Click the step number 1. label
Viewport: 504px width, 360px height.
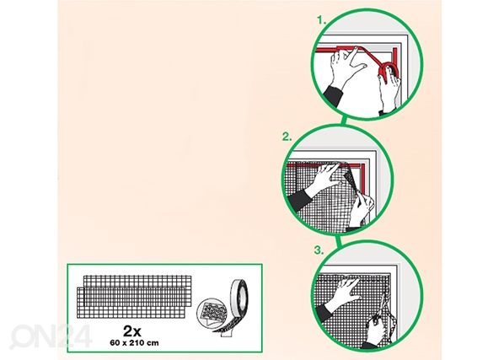point(322,20)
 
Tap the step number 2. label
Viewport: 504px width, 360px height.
point(287,137)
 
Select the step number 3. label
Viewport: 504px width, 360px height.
point(319,250)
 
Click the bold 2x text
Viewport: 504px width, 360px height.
point(132,330)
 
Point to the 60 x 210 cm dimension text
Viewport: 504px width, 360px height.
point(134,342)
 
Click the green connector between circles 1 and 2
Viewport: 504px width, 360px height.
point(343,121)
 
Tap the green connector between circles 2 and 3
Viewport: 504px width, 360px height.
point(338,240)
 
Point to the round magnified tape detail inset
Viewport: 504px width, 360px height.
point(212,313)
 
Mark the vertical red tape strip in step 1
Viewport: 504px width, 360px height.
point(395,61)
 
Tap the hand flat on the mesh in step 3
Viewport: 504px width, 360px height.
point(343,292)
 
